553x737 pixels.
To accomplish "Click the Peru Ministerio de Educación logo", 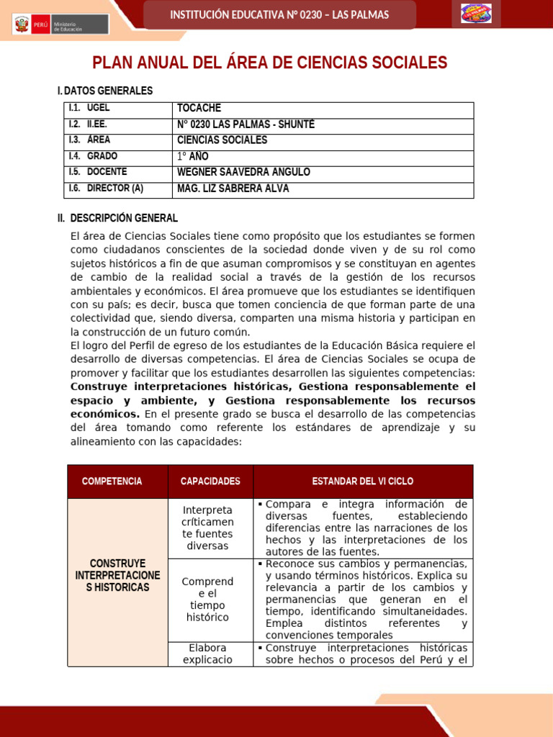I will pos(60,24).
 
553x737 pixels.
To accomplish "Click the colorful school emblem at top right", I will pos(476,14).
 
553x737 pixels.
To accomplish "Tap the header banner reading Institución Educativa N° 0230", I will pos(279,15).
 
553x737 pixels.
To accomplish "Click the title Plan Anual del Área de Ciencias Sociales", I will pos(270,63).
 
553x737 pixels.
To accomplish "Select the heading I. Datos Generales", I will pos(105,91).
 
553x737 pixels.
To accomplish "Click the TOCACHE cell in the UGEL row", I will pos(199,109).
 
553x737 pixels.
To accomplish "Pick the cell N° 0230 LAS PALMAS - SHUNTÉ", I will pos(246,125).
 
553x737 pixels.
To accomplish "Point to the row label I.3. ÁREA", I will pos(90,140).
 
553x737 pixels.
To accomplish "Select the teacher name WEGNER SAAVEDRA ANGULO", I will pos(243,172).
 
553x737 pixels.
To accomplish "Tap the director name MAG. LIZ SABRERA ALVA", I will pos(233,189).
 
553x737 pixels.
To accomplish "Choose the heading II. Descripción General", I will pos(117,218).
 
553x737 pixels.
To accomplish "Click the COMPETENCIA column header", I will pos(112,481).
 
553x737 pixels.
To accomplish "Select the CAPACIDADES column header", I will pos(210,481).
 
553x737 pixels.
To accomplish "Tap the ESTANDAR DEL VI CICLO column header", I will pos(362,481).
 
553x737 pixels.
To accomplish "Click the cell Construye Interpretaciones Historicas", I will pos(117,575).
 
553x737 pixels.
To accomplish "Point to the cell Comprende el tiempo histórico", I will pos(207,599).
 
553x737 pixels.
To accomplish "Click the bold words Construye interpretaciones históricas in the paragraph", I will pos(180,386).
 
